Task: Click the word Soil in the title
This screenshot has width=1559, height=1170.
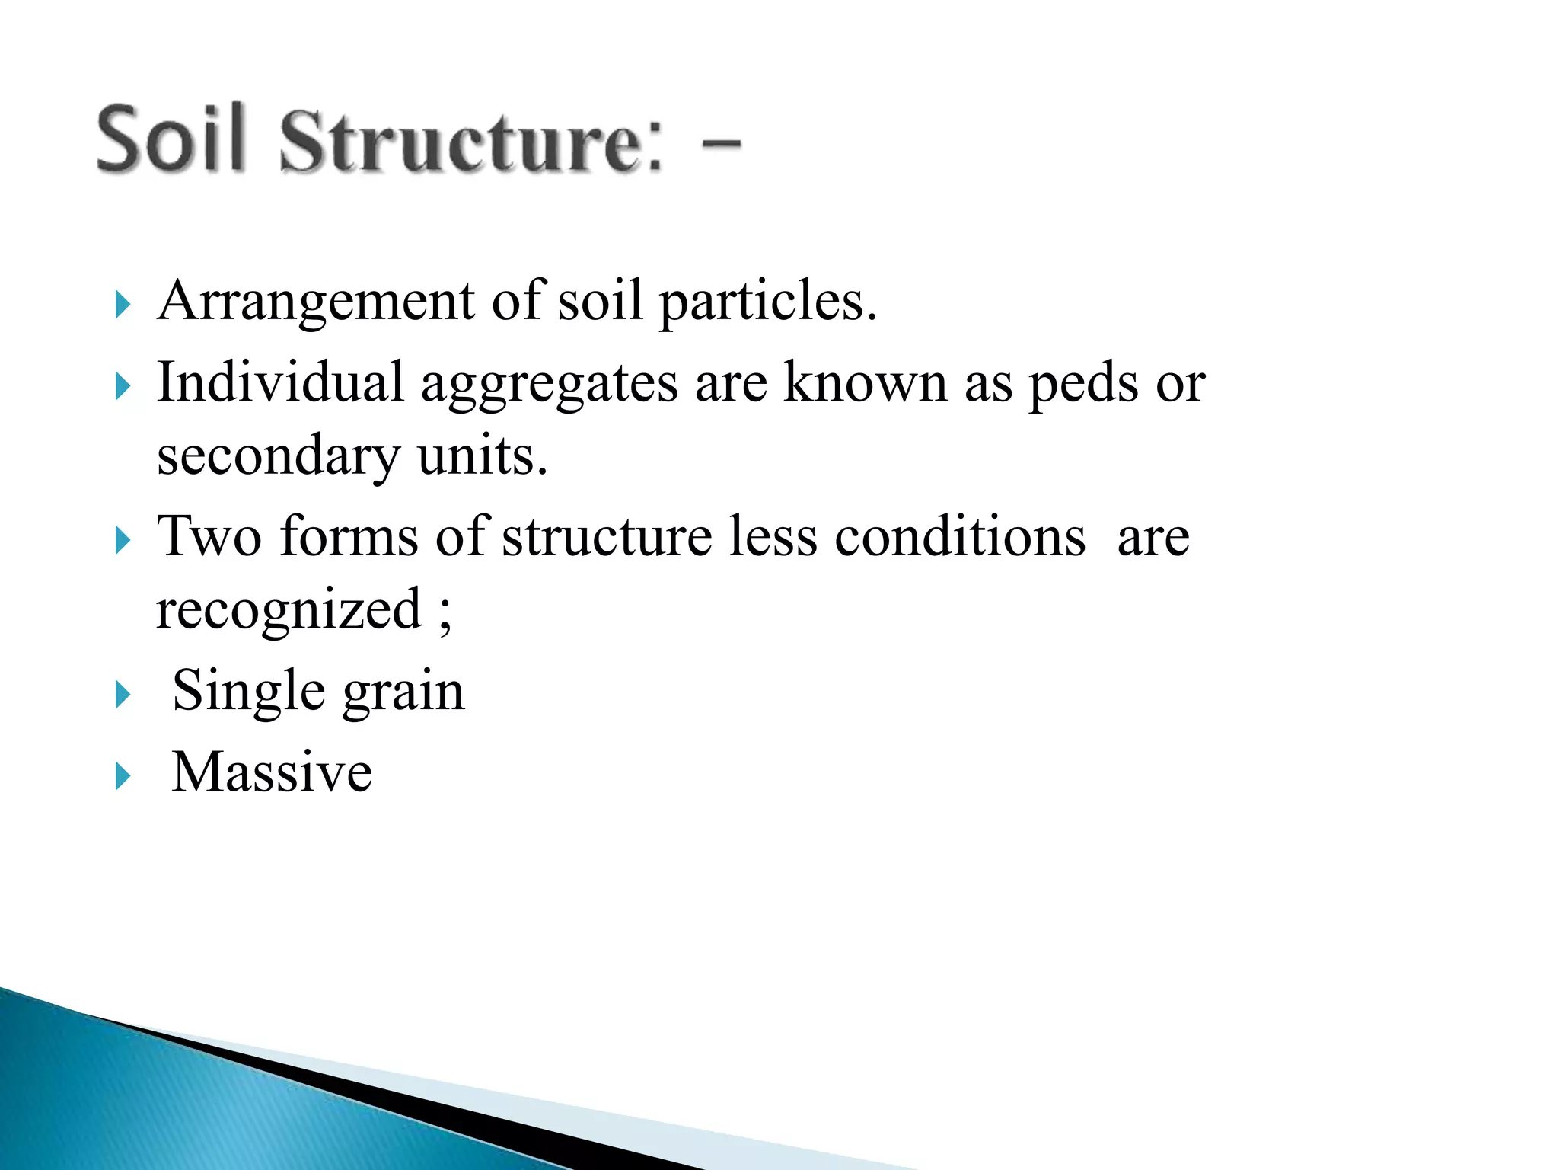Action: click(171, 139)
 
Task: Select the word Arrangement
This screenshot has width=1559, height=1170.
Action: click(316, 302)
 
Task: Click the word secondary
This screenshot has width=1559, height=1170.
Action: click(278, 457)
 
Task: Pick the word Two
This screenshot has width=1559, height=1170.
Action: click(209, 536)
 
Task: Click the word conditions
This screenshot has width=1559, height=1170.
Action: click(960, 536)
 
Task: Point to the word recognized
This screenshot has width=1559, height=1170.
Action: click(289, 610)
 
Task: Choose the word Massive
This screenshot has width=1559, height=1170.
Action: click(272, 772)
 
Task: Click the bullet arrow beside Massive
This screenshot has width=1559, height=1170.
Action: click(123, 776)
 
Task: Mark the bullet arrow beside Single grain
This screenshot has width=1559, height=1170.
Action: click(123, 695)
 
